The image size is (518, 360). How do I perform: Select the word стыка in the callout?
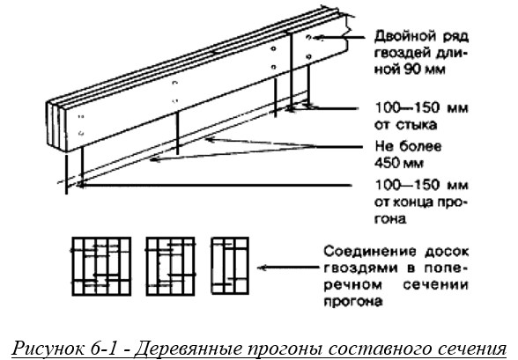(419, 125)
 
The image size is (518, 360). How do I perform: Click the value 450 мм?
(399, 163)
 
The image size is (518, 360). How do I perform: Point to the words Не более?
(408, 146)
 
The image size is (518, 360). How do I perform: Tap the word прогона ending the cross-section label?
(352, 302)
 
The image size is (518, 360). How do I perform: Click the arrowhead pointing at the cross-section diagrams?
(262, 268)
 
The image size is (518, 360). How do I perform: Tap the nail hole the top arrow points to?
(308, 37)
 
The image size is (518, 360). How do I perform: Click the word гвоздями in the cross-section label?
(360, 268)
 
